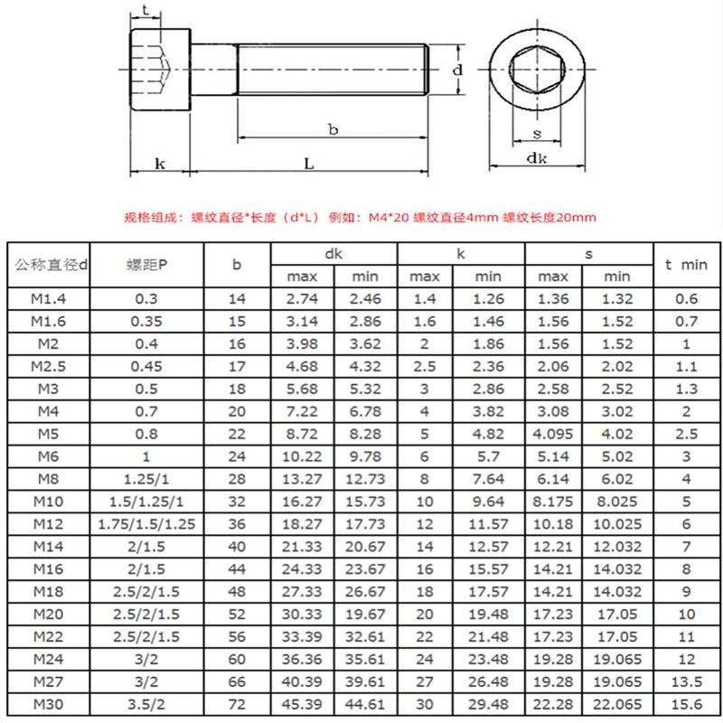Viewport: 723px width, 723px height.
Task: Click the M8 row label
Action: click(49, 478)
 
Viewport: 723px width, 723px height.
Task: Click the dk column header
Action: click(334, 254)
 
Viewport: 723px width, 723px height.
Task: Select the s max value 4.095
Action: click(553, 434)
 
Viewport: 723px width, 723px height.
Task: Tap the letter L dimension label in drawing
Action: click(308, 164)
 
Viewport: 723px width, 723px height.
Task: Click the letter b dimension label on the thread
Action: click(333, 130)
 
